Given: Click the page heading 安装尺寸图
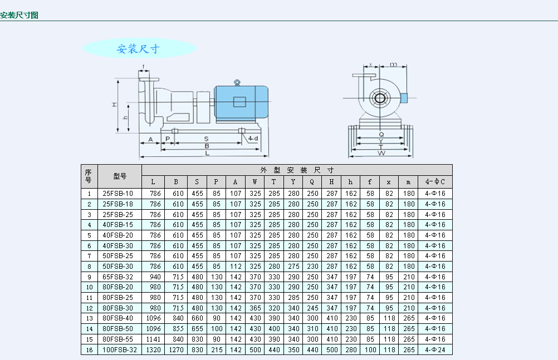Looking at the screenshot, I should pos(19,15).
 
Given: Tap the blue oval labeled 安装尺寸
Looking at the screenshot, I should pos(139,48).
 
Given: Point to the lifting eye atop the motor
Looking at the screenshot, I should pos(237,82).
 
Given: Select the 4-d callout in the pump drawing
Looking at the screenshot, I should pos(253,138).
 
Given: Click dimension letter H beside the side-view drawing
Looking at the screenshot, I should pos(114,104).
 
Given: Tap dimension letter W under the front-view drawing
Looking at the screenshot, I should pos(381,153).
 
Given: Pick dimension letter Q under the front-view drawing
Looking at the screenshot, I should pos(381,134).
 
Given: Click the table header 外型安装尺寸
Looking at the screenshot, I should pos(296,170).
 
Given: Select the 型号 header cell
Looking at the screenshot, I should pos(119,176).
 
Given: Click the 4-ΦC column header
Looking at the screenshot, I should pos(435,181).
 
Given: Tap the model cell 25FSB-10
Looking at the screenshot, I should pos(118,194).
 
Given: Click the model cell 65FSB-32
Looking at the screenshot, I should pos(118,277).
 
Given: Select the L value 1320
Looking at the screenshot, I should pos(153,349).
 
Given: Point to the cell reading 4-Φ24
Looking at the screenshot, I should pos(435,349).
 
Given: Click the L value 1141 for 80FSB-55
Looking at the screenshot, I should pos(153,339).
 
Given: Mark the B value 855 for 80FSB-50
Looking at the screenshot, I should pos(176,329).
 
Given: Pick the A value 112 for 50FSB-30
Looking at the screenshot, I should pos(236,267).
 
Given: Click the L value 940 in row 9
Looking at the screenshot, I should pos(153,277).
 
